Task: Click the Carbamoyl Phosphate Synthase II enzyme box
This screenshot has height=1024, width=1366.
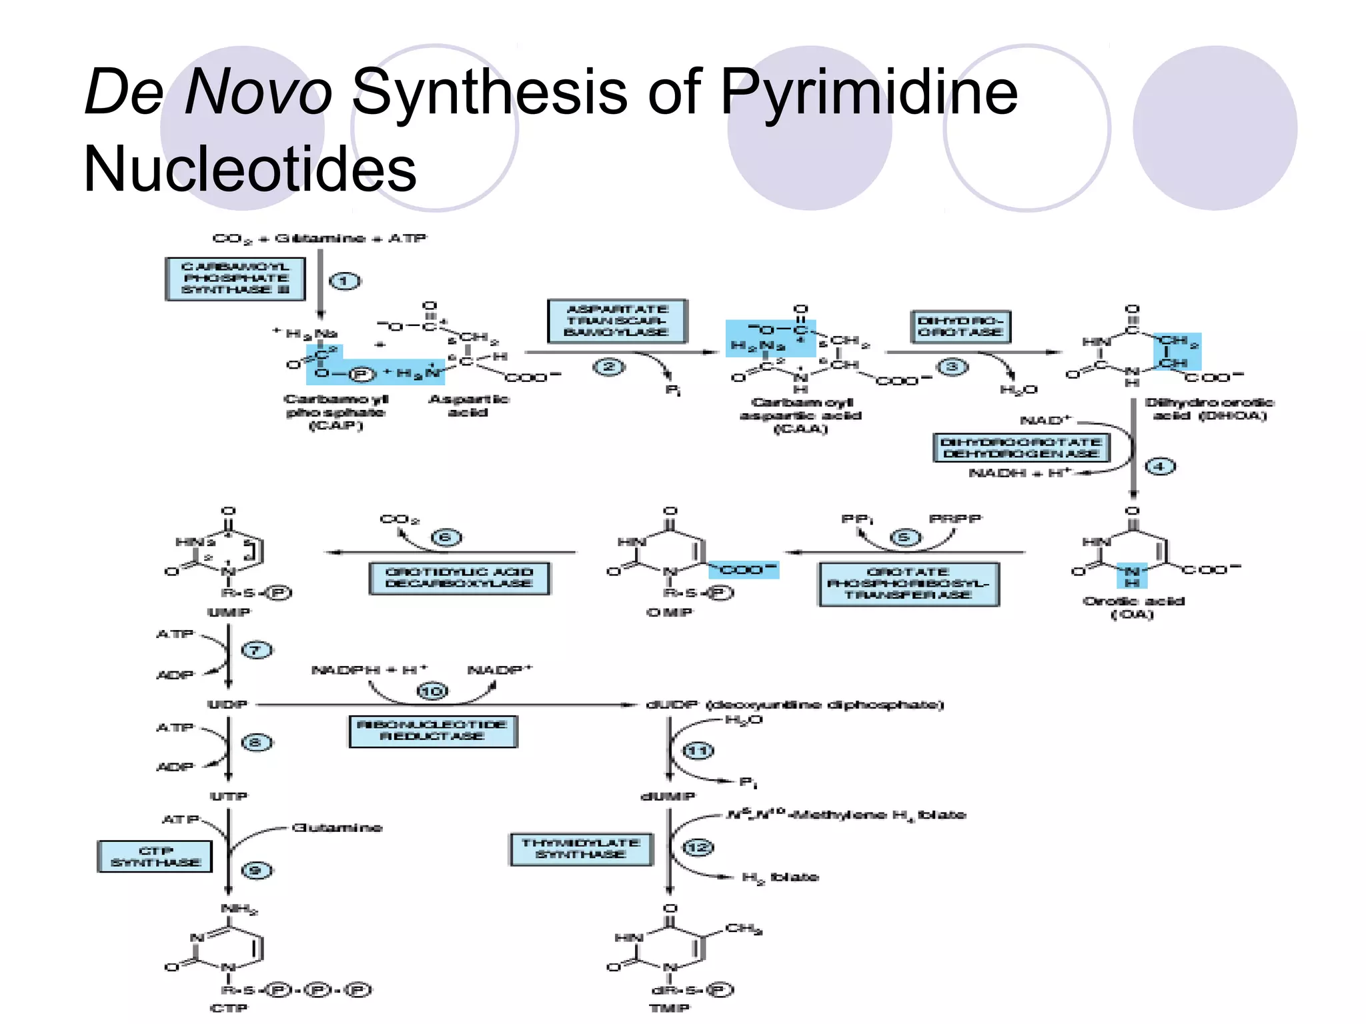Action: click(x=235, y=279)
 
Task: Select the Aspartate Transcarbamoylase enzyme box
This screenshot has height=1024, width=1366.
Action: click(x=617, y=321)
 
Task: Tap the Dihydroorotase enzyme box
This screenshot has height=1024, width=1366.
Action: click(x=960, y=327)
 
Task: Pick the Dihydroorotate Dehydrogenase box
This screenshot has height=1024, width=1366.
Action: click(x=1021, y=447)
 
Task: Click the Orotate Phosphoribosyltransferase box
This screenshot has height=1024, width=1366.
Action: click(x=908, y=583)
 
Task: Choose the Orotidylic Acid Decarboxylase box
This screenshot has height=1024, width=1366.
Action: click(x=460, y=578)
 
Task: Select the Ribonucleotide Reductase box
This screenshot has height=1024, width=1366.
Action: click(x=433, y=731)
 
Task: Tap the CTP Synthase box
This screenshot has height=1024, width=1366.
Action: click(x=155, y=857)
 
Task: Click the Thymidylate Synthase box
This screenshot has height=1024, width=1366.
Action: click(x=581, y=849)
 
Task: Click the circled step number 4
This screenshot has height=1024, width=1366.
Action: click(x=1160, y=467)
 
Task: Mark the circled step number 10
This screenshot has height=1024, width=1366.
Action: click(x=432, y=691)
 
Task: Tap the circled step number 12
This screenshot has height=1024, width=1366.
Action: click(x=698, y=847)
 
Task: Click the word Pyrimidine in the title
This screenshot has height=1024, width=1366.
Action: click(x=868, y=92)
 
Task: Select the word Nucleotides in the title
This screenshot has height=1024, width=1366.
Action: click(x=250, y=169)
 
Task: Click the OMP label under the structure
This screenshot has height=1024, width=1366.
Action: click(x=670, y=613)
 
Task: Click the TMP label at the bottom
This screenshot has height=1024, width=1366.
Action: click(x=669, y=1008)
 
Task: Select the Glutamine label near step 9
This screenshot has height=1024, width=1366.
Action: click(x=337, y=828)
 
